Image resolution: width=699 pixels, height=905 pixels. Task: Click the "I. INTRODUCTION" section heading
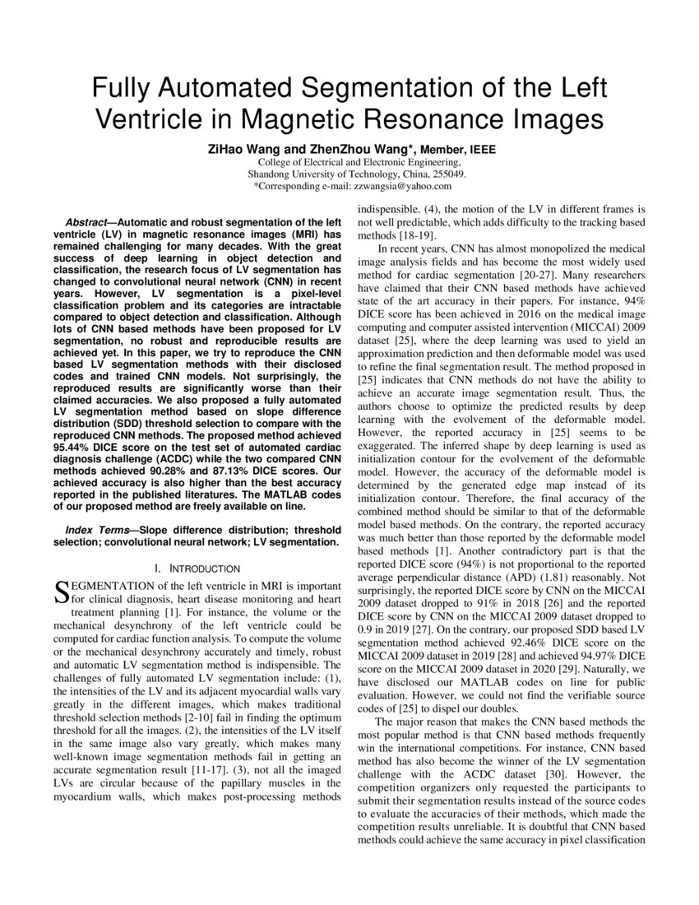197,569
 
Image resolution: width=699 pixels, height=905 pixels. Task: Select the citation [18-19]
411,235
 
